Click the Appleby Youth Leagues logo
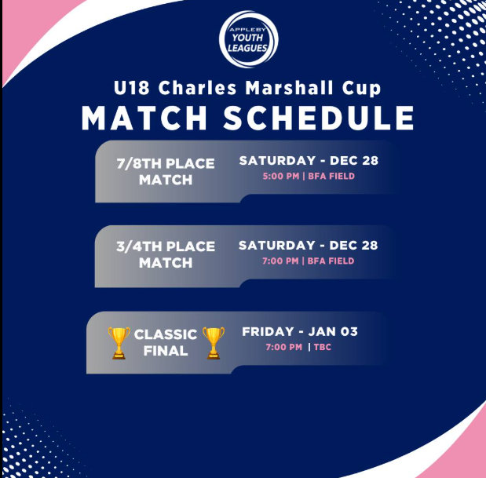249,39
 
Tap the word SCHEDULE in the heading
319,118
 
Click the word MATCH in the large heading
144,118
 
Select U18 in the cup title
132,88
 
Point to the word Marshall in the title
290,88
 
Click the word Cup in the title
361,89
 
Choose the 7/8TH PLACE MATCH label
166,172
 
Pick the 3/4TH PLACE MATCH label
166,254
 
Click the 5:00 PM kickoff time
281,177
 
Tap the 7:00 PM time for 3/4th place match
280,261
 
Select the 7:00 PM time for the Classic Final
284,347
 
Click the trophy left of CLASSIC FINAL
119,343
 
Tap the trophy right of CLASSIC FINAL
214,343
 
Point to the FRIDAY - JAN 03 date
300,331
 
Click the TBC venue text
323,347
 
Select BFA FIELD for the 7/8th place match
331,177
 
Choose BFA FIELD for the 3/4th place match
331,261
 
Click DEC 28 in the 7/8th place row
354,160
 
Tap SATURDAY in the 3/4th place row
277,246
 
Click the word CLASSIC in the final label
166,334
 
